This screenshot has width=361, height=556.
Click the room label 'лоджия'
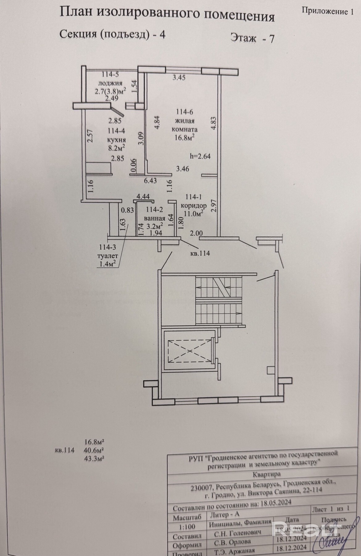(110, 83)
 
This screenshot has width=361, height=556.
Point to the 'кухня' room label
(116, 139)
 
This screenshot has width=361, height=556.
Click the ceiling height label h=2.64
(200, 156)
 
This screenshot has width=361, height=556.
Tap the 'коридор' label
(193, 206)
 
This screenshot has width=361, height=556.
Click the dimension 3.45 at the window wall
(179, 78)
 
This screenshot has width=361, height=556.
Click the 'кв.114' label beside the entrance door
(200, 253)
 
